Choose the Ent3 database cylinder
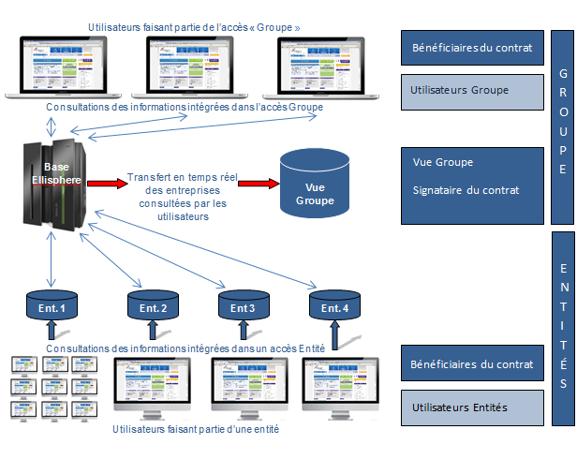pos(244,306)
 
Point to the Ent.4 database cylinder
pos(334,306)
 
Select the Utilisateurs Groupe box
pos(472,91)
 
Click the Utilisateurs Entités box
pos(472,407)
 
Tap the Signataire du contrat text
pos(466,190)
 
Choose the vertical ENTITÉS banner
pos(562,323)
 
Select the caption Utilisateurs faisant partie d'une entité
pos(195,429)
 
